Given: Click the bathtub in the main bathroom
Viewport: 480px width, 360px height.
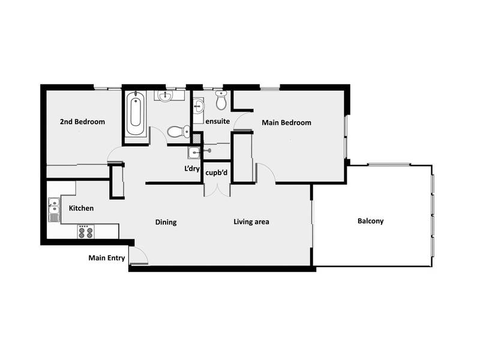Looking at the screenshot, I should pyautogui.click(x=136, y=114).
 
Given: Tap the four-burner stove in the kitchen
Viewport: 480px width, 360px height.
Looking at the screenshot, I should pyautogui.click(x=86, y=231).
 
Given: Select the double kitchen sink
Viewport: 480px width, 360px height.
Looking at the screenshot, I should pyautogui.click(x=53, y=209).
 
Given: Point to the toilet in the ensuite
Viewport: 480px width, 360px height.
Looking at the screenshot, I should pyautogui.click(x=221, y=103).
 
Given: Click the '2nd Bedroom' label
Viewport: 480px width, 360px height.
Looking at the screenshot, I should pyautogui.click(x=82, y=122).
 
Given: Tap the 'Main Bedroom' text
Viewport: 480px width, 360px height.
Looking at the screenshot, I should pyautogui.click(x=286, y=122).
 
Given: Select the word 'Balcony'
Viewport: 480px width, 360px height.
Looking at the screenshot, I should pyautogui.click(x=370, y=221).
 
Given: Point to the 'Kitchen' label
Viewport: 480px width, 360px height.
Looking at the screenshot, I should pyautogui.click(x=81, y=208).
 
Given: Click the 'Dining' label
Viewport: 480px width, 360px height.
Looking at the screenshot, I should pyautogui.click(x=166, y=223).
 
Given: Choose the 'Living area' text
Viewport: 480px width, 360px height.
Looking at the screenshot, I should pyautogui.click(x=251, y=222).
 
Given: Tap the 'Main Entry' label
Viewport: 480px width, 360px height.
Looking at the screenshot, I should pyautogui.click(x=107, y=259).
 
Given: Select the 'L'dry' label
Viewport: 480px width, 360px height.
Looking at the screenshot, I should pyautogui.click(x=192, y=169).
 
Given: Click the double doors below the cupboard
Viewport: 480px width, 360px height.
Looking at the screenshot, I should pyautogui.click(x=217, y=188).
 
